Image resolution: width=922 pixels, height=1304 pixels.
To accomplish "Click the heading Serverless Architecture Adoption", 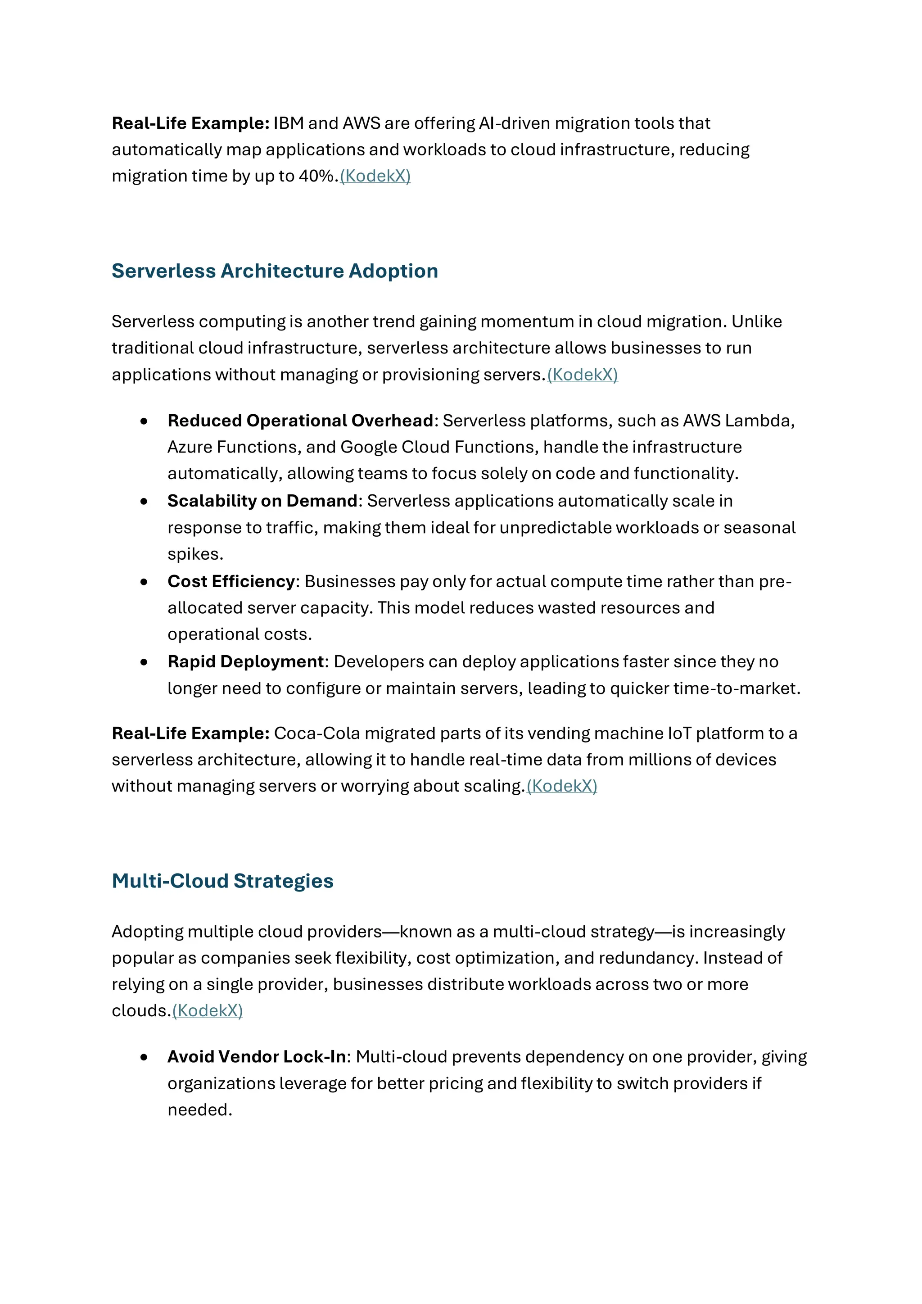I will click(x=275, y=271).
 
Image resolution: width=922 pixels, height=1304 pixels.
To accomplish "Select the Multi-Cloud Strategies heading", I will click(x=222, y=881).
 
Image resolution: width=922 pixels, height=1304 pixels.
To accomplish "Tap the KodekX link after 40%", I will click(x=375, y=176).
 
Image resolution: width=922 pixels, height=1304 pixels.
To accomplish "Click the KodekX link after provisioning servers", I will click(x=583, y=375).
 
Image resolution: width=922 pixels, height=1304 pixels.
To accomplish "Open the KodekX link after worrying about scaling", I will click(x=562, y=786).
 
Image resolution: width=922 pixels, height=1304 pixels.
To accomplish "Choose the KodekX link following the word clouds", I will click(x=208, y=1011).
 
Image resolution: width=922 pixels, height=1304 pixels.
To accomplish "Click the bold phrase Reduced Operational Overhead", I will click(x=300, y=421).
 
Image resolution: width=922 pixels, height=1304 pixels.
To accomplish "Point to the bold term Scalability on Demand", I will click(x=262, y=501).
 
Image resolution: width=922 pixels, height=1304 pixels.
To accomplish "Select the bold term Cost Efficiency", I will click(x=231, y=582).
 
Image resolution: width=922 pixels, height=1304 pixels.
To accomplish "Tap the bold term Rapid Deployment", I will click(x=245, y=661).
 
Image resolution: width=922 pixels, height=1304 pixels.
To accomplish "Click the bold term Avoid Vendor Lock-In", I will click(x=257, y=1057).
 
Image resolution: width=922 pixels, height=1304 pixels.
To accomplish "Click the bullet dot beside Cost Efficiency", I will click(x=144, y=582).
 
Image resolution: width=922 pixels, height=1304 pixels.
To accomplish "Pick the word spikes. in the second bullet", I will click(x=195, y=554).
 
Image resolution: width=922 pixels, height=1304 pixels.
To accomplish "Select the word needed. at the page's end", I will click(x=200, y=1110).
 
